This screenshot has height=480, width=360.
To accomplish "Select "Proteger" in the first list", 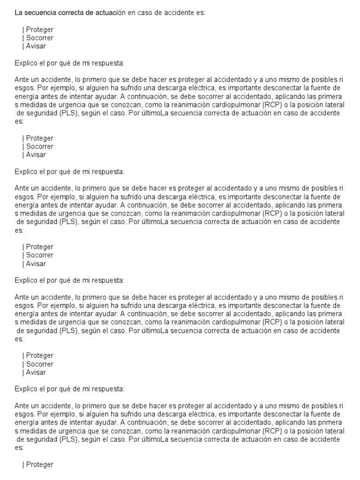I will tap(39, 30).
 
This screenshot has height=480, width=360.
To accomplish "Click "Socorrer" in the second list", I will tap(39, 147).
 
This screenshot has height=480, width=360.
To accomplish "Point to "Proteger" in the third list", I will tap(39, 247).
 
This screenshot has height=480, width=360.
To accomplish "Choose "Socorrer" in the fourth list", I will tap(39, 364).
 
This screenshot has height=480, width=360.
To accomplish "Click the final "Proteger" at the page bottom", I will tap(39, 465).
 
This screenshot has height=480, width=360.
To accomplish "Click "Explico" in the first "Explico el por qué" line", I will tap(25, 63).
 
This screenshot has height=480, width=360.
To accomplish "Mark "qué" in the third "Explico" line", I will tap(68, 280).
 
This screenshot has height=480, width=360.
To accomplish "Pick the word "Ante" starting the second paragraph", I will tap(22, 188).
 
